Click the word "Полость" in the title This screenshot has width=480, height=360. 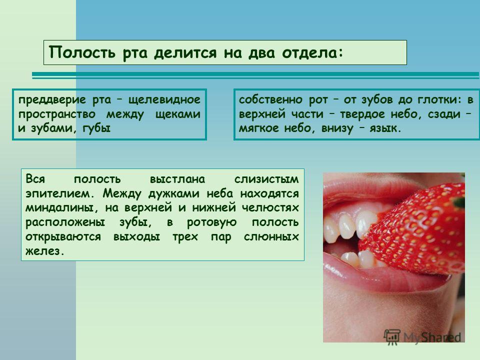[82, 52]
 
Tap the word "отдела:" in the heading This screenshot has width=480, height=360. [312, 52]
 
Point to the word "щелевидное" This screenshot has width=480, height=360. [164, 100]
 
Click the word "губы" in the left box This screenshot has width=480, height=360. [96, 128]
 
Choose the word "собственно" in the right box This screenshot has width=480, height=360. [270, 99]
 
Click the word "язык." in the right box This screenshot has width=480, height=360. [385, 128]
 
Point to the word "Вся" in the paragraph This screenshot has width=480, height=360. [35, 179]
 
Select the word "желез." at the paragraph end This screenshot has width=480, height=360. [45, 251]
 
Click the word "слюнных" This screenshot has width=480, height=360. [271, 237]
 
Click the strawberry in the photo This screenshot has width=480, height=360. [419, 229]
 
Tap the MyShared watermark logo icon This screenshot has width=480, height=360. [392, 337]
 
